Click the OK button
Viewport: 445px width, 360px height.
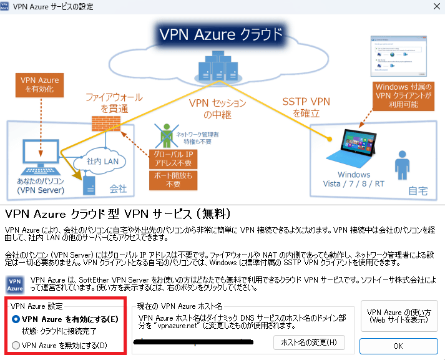pos(398,345)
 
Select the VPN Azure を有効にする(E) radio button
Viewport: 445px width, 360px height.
pos(16,319)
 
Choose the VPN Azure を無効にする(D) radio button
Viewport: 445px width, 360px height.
pos(16,344)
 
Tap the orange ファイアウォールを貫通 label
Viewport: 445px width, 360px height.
pos(114,103)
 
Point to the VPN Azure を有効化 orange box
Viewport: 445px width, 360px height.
pos(40,85)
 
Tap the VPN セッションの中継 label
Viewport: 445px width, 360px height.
pos(219,110)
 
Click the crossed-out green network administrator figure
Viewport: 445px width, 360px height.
pos(166,135)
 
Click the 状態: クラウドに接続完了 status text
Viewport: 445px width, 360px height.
pos(59,331)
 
